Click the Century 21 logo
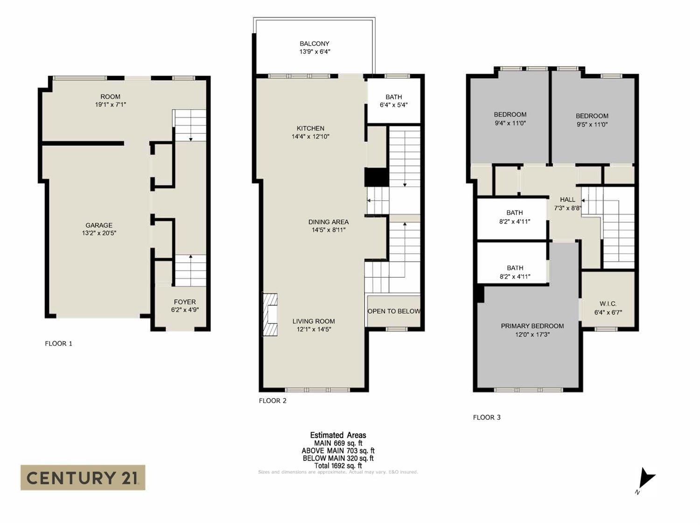coord(83,477)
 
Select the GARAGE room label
coord(98,225)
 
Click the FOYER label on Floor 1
coord(185,302)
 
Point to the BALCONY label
coord(315,44)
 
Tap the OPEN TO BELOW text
coord(393,311)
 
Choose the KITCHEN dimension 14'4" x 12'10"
coord(311,137)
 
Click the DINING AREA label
coord(329,222)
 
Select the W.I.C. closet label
coord(608,304)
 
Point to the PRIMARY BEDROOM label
coord(532,326)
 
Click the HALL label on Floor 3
coord(567,200)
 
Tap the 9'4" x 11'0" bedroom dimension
coord(510,123)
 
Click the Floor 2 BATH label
coord(394,97)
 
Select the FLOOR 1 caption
coord(58,343)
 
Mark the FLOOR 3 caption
coord(487,417)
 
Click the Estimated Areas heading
coord(338,435)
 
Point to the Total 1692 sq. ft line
coord(338,465)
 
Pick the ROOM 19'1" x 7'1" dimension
coord(111,105)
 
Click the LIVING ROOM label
coord(314,321)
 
